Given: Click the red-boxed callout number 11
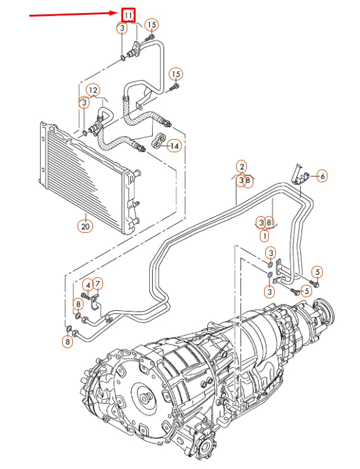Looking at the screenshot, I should point(128,15).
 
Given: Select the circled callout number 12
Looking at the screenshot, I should point(93,90).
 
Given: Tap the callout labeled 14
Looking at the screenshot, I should point(174,146).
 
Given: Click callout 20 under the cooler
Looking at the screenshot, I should point(85,226).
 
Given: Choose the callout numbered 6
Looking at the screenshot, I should point(322,175).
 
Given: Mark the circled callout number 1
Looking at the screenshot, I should point(265,235).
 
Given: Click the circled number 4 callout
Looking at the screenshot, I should point(88,285).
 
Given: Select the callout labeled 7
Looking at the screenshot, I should point(98,285).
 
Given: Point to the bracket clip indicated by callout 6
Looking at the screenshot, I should point(300,173).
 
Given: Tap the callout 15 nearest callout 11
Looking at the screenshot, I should point(152,24).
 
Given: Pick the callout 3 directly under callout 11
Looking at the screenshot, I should point(122,28).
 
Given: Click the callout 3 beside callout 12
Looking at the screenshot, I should point(85,102).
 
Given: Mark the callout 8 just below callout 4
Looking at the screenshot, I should point(78,304).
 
